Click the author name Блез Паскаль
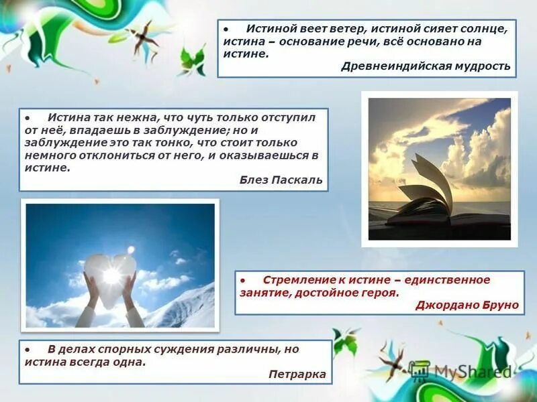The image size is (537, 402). pos(281,180)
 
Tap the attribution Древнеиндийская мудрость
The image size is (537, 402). pos(426,66)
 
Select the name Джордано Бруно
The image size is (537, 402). pos(467,304)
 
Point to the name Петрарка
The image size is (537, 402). pos(297,374)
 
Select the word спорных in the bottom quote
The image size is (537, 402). pos(111,349)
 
